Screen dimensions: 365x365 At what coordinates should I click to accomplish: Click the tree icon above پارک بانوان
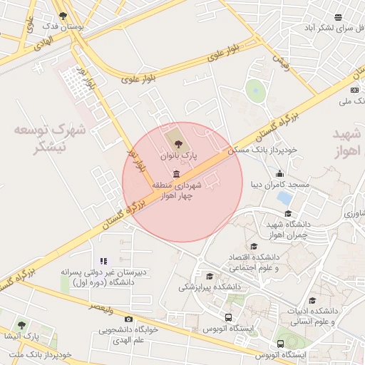click(x=178, y=144)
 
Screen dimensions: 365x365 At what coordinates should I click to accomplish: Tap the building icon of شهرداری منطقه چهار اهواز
click(x=176, y=174)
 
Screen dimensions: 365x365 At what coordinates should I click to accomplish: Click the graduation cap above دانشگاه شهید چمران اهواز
click(x=288, y=214)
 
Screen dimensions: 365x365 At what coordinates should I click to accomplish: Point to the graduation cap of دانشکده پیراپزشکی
click(x=209, y=277)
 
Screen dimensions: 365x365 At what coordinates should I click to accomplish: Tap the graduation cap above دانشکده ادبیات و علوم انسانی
click(x=312, y=302)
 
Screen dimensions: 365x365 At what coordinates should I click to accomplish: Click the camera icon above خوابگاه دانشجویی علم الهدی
click(x=128, y=319)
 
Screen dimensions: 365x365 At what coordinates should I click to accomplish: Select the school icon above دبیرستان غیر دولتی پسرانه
click(x=104, y=262)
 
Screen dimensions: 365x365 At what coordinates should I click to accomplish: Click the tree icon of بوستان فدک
click(x=63, y=16)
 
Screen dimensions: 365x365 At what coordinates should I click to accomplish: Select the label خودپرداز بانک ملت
click(x=43, y=354)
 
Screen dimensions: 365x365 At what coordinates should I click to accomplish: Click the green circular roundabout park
click(x=255, y=91)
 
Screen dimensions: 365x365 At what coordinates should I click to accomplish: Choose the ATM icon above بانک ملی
click(x=354, y=90)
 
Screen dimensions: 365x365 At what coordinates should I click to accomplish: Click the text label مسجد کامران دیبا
click(x=279, y=185)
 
